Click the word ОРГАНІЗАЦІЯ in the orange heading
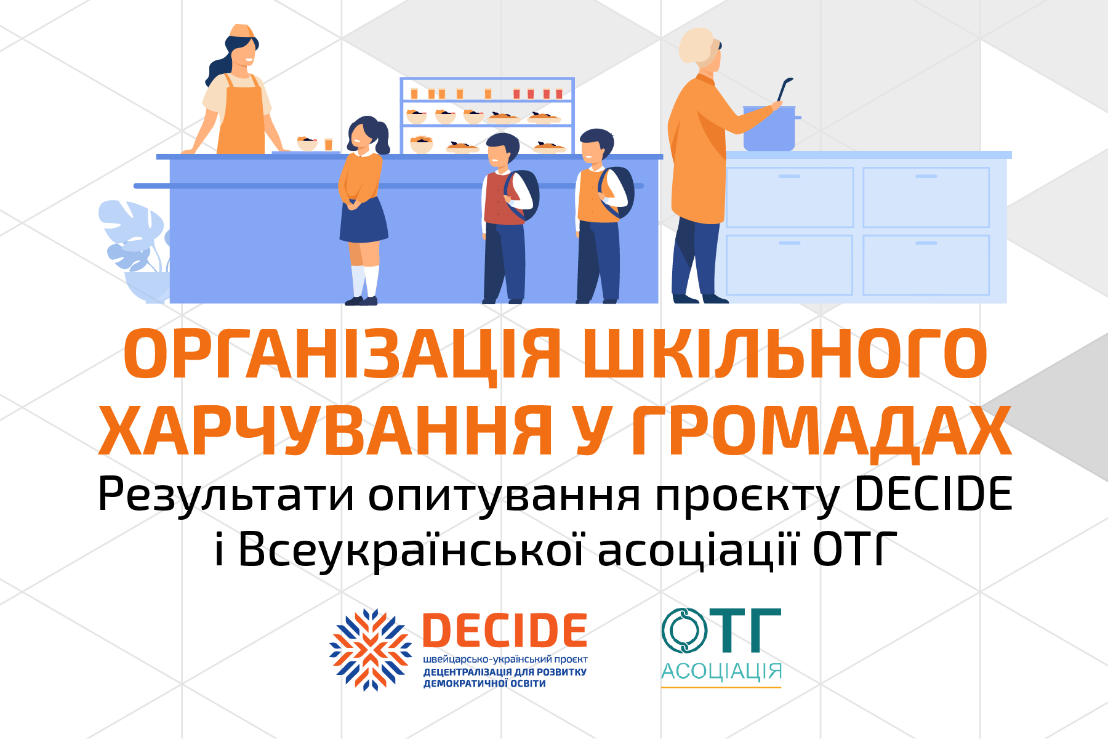[342, 355]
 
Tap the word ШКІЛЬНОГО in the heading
[785, 355]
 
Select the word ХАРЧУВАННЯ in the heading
[326, 430]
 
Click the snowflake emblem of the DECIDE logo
[371, 650]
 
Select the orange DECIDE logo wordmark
[505, 630]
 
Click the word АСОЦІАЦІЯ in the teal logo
[721, 671]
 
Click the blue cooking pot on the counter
[769, 128]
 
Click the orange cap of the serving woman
[242, 31]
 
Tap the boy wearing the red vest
[506, 219]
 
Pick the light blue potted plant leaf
[132, 234]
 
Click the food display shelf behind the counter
[487, 116]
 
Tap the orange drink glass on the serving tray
[329, 144]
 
